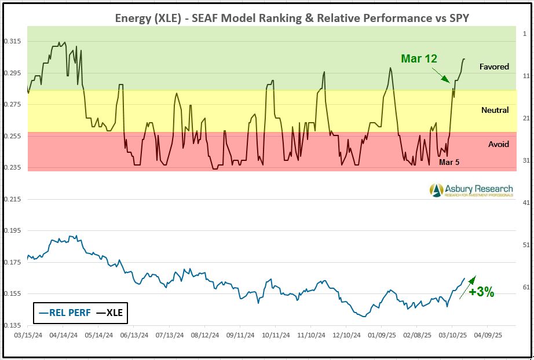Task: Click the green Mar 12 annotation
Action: point(419,58)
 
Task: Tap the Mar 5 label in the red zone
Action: point(449,162)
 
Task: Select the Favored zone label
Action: point(494,67)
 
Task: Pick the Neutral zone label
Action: point(495,110)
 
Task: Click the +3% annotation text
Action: point(481,292)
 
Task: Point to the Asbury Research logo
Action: point(471,190)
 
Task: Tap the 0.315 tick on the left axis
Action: point(12,41)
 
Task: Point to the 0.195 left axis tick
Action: point(12,230)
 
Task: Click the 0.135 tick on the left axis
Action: point(12,325)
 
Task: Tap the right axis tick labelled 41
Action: point(526,203)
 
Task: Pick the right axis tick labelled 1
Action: point(525,34)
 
